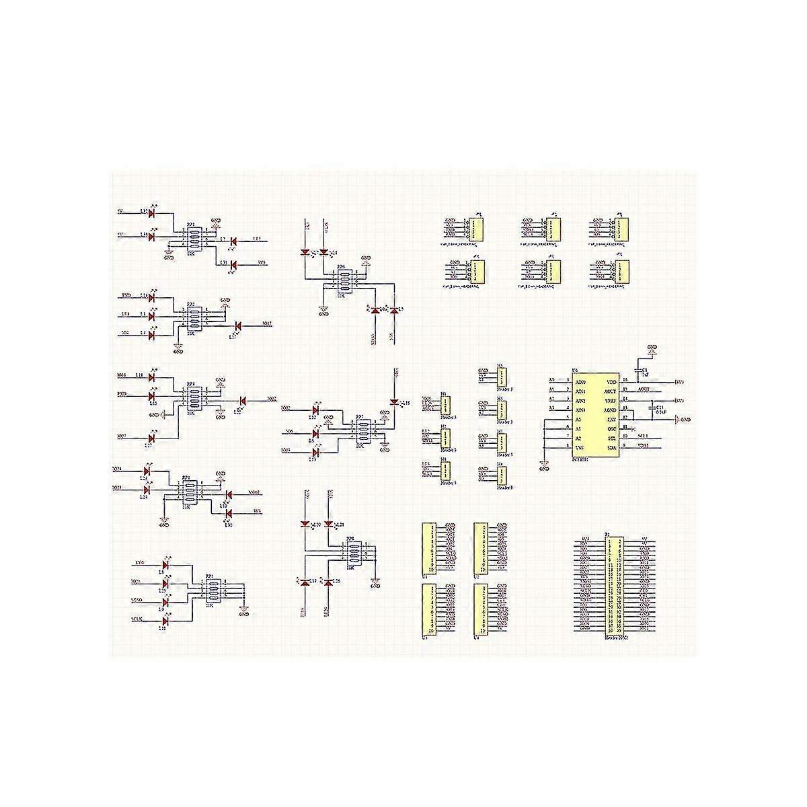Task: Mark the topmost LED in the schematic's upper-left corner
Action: coord(151,213)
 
